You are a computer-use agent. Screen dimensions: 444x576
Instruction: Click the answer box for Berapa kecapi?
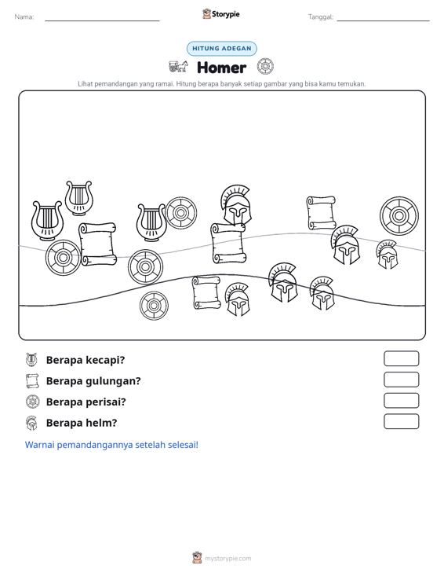click(401, 358)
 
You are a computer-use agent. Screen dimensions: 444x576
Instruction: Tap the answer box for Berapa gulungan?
click(401, 380)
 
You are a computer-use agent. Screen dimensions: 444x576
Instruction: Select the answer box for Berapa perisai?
click(401, 401)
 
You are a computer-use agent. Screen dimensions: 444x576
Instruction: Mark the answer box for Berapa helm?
click(401, 421)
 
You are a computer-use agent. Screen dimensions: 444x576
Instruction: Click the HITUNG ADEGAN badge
click(222, 49)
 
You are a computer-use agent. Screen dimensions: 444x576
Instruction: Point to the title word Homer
click(222, 68)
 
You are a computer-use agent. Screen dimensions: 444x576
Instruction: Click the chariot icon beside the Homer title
click(178, 67)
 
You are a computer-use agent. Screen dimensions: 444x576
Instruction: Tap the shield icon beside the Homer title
click(265, 67)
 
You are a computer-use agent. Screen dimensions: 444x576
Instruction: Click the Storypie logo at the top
click(221, 14)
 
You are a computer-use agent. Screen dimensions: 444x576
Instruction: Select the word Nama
click(24, 17)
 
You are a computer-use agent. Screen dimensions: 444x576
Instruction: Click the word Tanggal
click(321, 17)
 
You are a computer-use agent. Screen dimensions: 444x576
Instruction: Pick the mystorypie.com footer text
click(228, 559)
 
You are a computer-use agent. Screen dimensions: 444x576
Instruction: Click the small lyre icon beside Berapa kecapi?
click(31, 360)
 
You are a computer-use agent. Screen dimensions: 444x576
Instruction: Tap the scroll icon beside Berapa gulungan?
click(32, 381)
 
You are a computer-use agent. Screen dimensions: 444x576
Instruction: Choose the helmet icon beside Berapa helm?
click(31, 423)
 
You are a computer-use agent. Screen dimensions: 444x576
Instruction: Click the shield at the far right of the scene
click(399, 216)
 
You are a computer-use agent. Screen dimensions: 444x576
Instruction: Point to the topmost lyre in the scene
click(78, 198)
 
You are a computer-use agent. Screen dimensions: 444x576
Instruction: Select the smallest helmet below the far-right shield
click(387, 254)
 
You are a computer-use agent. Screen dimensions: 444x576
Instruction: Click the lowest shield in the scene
click(154, 306)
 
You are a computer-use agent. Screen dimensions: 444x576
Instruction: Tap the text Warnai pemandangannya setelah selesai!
click(111, 445)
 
